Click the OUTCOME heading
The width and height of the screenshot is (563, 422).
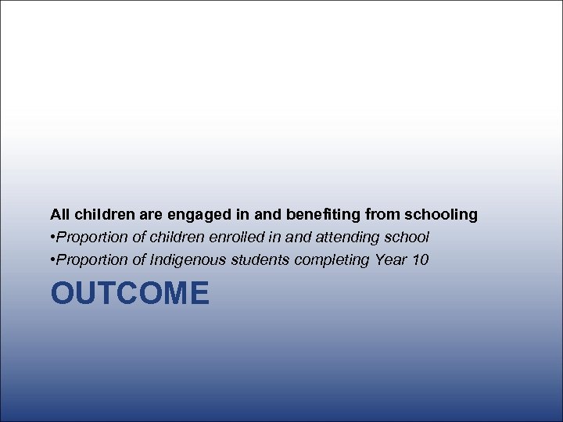pos(130,295)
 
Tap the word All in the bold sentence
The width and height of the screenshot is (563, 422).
pos(59,213)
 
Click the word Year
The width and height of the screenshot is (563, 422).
pos(390,259)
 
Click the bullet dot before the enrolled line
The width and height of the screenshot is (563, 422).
pos(52,237)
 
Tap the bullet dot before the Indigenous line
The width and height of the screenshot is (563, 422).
pos(52,260)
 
